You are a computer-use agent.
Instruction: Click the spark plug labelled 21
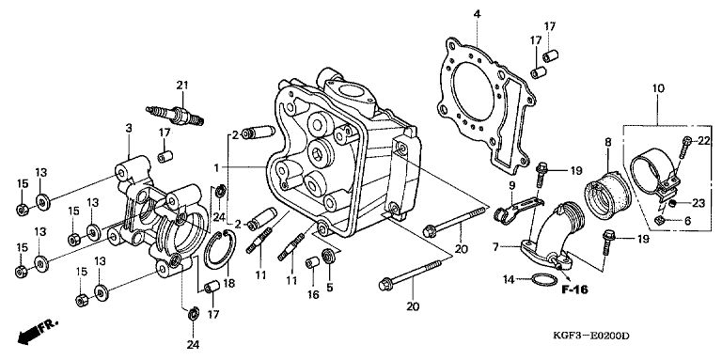click(176, 116)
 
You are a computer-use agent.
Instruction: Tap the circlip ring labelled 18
click(220, 249)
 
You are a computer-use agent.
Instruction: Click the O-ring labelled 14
click(543, 279)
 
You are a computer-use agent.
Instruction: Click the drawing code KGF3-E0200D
click(590, 337)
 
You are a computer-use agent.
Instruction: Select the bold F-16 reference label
click(574, 290)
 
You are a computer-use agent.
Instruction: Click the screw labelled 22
click(684, 147)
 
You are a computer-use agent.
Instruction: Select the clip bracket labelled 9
click(516, 210)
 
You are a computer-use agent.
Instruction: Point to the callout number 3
click(129, 128)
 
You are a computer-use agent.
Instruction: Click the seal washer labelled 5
click(329, 255)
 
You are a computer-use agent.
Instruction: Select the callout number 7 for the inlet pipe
click(495, 247)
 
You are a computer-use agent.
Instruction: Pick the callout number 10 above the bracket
click(658, 88)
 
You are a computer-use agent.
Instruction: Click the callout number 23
click(698, 203)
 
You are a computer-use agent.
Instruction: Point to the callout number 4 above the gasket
click(477, 14)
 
